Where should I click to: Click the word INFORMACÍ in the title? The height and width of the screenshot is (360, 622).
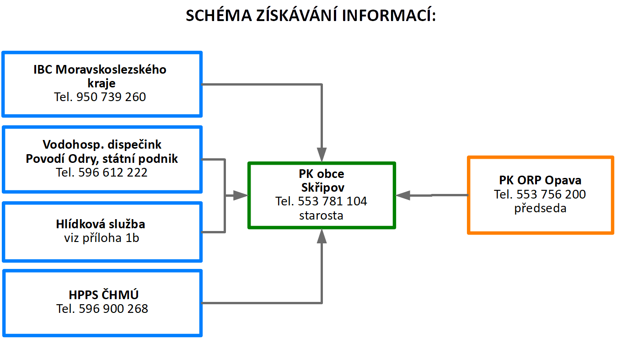(x=389, y=15)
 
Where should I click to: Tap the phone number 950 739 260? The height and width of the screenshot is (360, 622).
(x=111, y=97)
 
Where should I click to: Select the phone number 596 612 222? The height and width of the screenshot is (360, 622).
(x=113, y=172)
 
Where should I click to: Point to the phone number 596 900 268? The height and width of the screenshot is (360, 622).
(x=113, y=309)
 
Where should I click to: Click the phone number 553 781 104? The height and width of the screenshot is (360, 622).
(x=332, y=201)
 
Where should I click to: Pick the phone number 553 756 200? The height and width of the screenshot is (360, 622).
(x=551, y=194)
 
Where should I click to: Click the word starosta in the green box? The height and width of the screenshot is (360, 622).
(x=321, y=215)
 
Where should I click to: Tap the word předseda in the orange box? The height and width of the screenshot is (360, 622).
(x=540, y=208)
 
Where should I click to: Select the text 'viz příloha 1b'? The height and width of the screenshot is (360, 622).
(x=102, y=238)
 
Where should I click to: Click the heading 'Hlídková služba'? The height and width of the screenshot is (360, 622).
(x=101, y=224)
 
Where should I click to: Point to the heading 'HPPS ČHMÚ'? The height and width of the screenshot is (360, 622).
(x=103, y=295)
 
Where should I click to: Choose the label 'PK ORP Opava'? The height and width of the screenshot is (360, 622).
(x=540, y=180)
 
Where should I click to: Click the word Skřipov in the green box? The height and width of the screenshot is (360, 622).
(x=323, y=188)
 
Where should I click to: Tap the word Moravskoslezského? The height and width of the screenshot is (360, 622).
(x=111, y=70)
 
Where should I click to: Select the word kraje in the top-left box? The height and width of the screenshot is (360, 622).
(x=102, y=83)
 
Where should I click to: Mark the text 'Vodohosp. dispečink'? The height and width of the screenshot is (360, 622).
(x=102, y=145)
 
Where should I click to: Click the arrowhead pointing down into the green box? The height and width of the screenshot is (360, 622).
(x=322, y=155)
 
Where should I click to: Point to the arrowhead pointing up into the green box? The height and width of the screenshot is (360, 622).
(x=322, y=236)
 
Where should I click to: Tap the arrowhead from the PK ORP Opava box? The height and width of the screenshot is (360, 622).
(x=403, y=195)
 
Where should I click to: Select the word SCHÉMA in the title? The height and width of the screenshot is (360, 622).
(x=219, y=15)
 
